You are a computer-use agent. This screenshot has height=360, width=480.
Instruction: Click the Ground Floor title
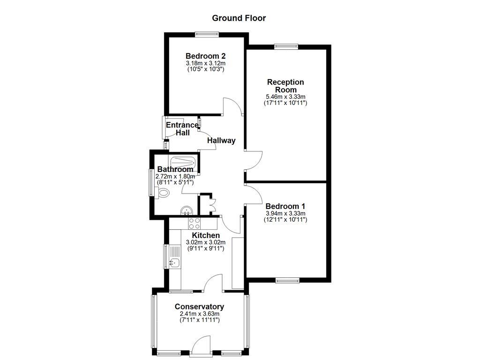(x=239, y=18)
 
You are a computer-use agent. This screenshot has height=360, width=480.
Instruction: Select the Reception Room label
(x=285, y=86)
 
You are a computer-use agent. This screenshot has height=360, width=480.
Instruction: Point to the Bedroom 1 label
(x=285, y=206)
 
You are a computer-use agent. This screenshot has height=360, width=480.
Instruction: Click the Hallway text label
(x=221, y=140)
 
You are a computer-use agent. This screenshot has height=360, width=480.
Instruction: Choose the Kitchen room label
(x=206, y=235)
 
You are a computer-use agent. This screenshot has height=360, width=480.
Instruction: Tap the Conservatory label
(x=199, y=307)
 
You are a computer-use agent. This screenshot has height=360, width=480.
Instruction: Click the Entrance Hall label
(x=182, y=129)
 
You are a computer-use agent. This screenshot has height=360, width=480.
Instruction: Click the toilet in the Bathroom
(x=163, y=192)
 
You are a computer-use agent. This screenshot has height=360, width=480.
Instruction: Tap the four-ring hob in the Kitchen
(x=194, y=223)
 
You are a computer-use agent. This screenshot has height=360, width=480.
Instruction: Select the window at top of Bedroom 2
(x=207, y=33)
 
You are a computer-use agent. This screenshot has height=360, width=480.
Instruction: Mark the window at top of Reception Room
(x=286, y=46)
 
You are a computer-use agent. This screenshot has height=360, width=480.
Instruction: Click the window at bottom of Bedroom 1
(x=287, y=280)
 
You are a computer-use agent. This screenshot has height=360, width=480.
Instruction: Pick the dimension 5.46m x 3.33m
(x=285, y=97)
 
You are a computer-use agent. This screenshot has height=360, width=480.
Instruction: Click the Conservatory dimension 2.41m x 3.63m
(x=199, y=314)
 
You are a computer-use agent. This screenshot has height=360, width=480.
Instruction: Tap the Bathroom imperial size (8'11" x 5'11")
(x=174, y=182)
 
